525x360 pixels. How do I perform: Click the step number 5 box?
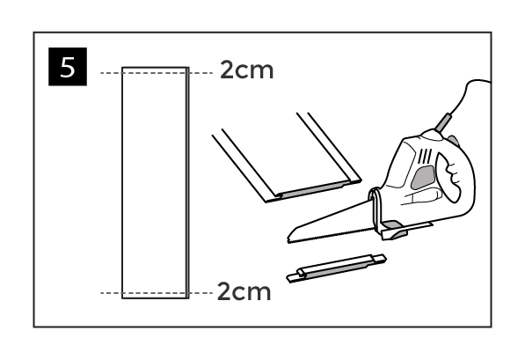pos(68,67)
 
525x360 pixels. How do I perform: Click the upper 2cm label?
pos(247,70)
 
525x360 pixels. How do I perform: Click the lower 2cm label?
pos(244,291)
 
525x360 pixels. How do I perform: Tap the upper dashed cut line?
pos(157,73)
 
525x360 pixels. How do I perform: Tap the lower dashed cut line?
pos(157,293)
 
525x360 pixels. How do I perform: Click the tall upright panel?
pos(156,183)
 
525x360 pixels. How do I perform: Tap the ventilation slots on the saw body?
pos(426,156)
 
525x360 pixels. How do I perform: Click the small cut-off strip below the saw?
pos(337,268)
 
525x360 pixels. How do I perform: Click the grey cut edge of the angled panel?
pos(314,189)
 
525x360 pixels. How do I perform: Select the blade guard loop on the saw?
pos(376,209)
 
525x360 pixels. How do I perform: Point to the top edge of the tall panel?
pos(156,68)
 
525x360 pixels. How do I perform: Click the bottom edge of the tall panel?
pos(156,298)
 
